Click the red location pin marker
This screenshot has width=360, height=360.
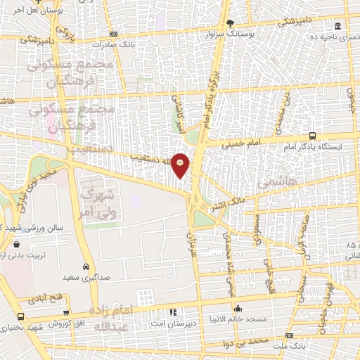(180, 165)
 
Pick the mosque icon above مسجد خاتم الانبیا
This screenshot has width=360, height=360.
(239, 308)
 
